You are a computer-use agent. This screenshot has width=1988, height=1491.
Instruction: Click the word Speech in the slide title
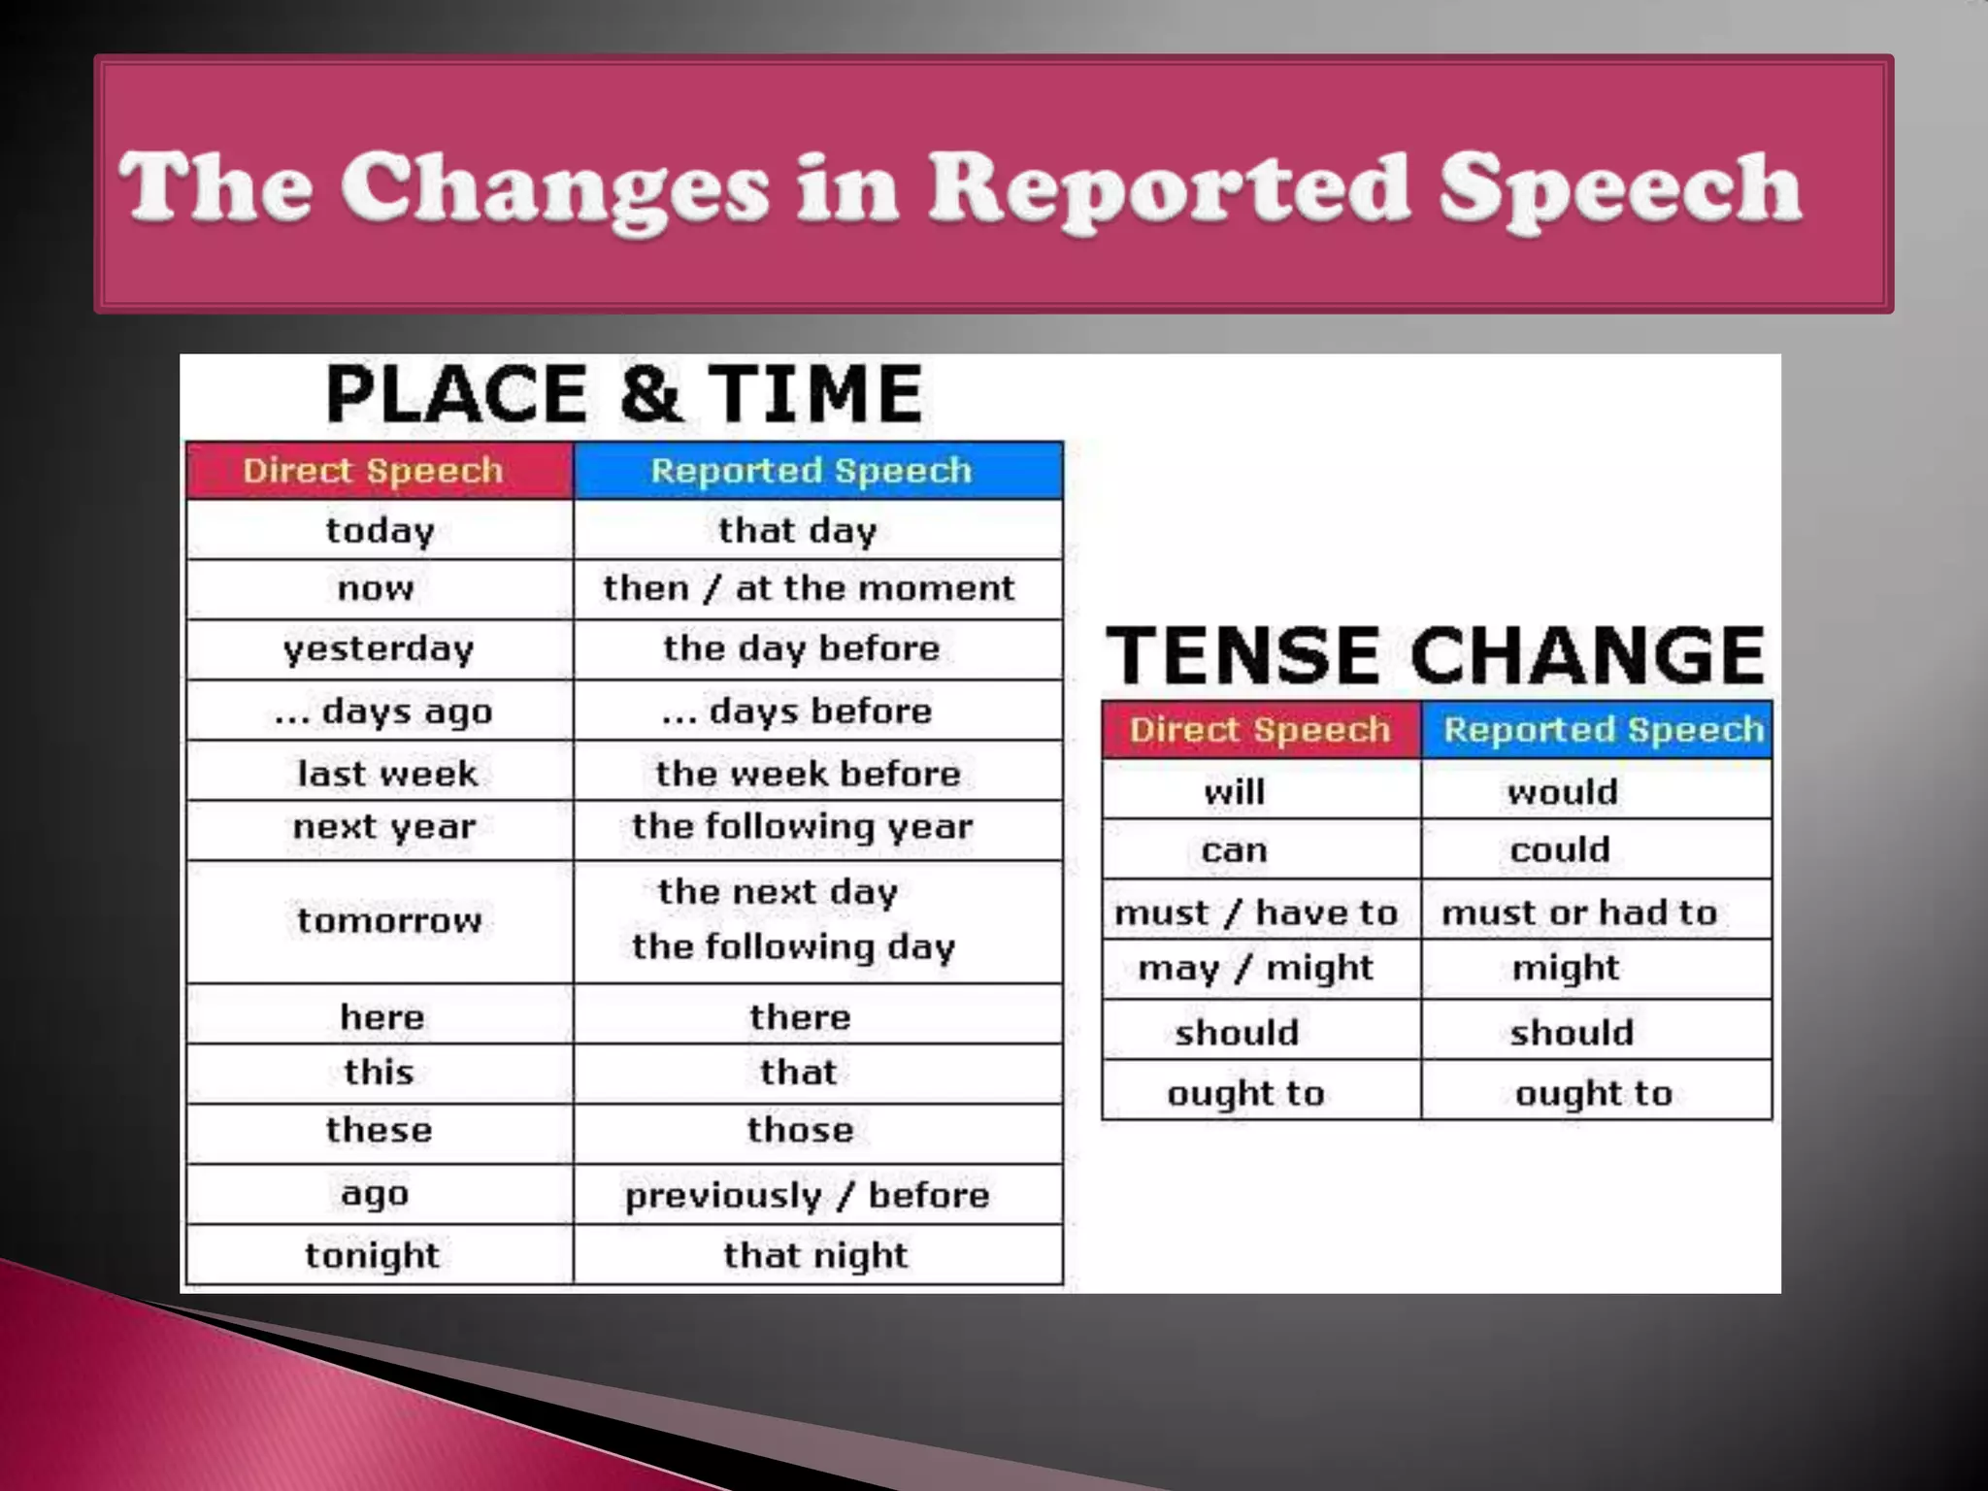pos(1619,188)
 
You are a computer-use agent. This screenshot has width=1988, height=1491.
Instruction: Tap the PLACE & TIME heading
pos(623,393)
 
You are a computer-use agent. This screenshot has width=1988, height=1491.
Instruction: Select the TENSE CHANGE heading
pos(1435,655)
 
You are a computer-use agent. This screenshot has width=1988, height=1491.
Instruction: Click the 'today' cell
pos(380,530)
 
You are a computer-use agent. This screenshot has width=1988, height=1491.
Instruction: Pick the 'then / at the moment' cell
pos(808,588)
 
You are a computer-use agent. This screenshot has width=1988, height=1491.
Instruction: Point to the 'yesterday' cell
pos(379,648)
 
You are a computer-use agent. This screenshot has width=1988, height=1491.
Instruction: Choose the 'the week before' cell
pos(808,774)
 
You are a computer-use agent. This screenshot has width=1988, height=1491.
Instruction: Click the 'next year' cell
pos(384,827)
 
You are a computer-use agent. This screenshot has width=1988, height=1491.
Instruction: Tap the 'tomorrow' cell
pos(388,920)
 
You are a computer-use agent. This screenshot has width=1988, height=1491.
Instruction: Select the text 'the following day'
pos(793,946)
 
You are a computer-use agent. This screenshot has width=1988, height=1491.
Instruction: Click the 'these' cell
pos(379,1130)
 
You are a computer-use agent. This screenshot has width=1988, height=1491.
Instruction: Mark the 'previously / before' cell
pos(807,1195)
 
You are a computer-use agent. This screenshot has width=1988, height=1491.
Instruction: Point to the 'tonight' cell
pos(372,1255)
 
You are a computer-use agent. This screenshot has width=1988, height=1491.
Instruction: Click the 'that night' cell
pos(815,1255)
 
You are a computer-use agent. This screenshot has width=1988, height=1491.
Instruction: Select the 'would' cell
pos(1563,792)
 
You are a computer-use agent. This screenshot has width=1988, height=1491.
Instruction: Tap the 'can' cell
pos(1234,850)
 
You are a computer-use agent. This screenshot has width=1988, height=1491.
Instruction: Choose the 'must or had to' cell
pos(1579,912)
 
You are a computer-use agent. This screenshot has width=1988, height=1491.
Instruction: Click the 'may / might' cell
pos(1255,968)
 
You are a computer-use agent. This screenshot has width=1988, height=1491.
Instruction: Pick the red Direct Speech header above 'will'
pos(1260,730)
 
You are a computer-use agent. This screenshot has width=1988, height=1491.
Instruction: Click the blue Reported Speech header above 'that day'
pos(811,471)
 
